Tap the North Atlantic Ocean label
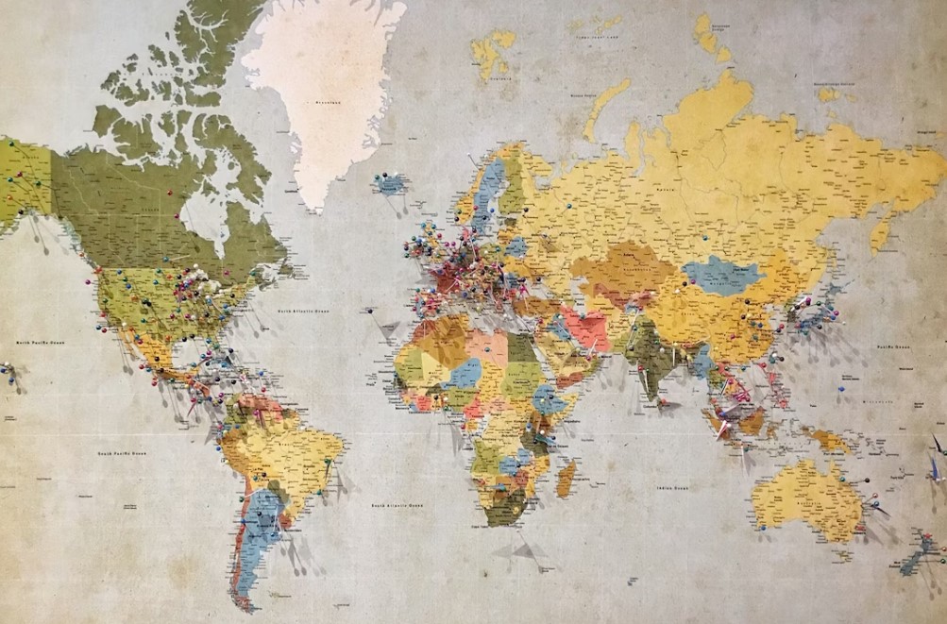tap(303, 310)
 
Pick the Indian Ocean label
tap(672, 488)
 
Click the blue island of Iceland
tap(389, 183)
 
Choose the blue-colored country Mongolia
tap(723, 275)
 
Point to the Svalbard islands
tap(493, 52)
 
